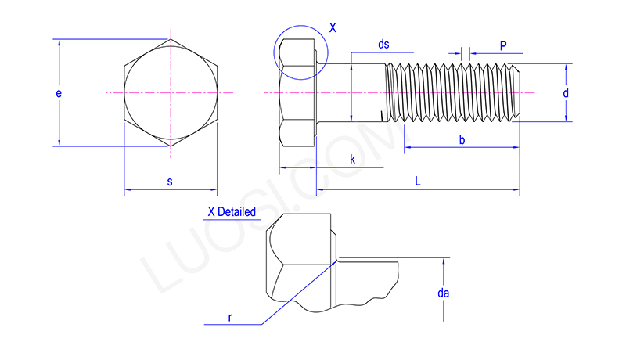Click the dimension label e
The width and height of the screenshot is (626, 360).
pos(59,93)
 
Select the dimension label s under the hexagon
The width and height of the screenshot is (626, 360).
pos(170,182)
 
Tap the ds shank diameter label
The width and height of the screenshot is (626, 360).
pos(383,44)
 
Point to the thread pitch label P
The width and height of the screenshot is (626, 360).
pos(503,45)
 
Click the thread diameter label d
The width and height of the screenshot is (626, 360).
pos(566,93)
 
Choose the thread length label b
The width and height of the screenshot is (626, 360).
pos(462,139)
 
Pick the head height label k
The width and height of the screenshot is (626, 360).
pos(353,159)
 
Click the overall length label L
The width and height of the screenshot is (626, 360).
pos(418,182)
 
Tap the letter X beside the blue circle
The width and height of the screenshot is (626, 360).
pos(333,27)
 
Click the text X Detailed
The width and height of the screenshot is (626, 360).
pos(232,211)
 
